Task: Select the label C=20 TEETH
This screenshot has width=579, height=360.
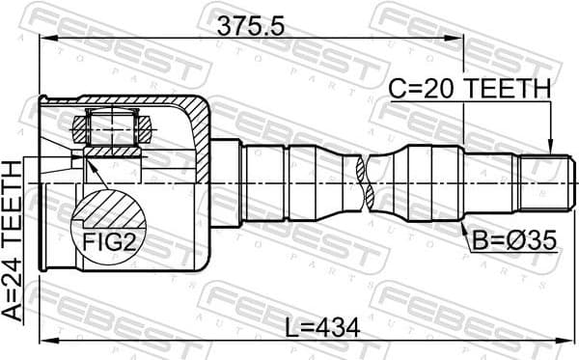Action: click(469, 89)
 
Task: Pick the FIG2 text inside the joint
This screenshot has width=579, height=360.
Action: click(107, 242)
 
